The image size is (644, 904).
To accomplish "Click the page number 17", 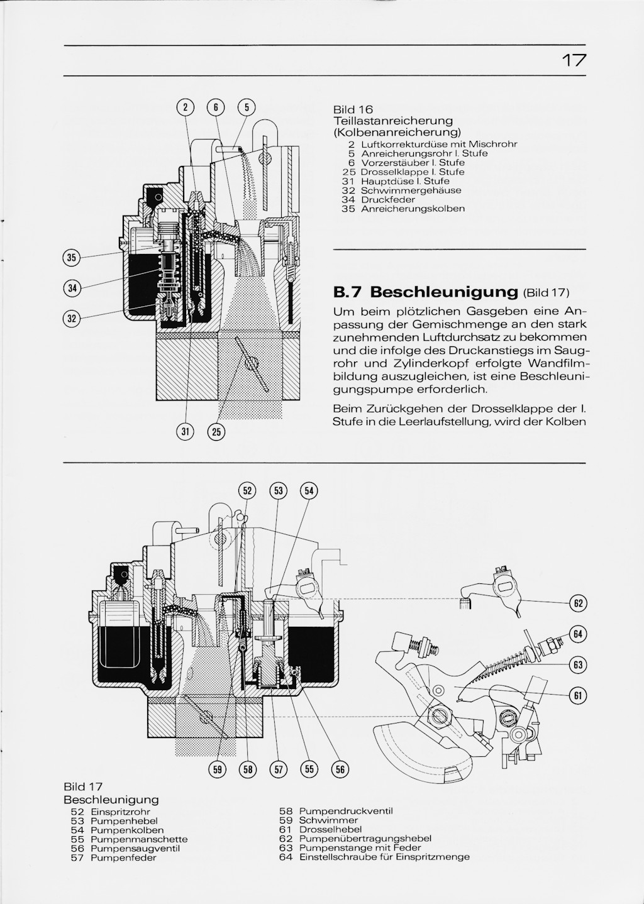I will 574,60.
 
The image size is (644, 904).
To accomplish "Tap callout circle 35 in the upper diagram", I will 72,257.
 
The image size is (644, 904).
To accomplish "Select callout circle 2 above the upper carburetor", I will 185,107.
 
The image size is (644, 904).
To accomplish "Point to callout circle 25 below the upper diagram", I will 217,432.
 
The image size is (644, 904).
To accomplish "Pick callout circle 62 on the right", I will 577,604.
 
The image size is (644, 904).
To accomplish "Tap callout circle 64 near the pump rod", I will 577,633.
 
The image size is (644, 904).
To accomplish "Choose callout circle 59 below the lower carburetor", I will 217,769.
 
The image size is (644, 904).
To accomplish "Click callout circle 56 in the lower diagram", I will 340,769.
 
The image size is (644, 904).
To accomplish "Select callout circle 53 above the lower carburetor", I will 277,491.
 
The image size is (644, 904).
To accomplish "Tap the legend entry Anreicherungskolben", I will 413,209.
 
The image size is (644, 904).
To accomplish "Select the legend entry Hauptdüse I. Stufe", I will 405,181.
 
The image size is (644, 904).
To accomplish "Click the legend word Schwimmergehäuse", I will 411,190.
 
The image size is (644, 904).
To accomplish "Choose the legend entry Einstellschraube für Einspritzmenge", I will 384,857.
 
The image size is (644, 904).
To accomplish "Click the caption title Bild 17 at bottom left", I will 83,787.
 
